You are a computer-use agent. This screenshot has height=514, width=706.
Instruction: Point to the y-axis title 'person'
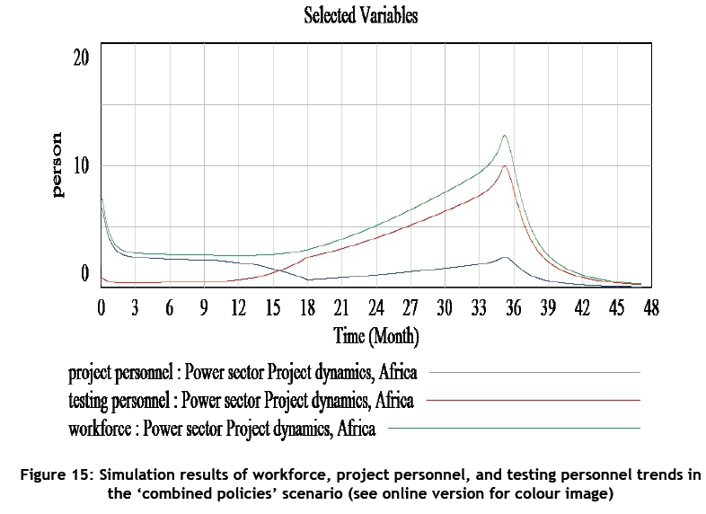pos(58,164)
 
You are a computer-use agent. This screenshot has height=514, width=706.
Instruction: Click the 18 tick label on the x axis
pos(307,308)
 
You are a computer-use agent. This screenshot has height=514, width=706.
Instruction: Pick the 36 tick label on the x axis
pos(513,308)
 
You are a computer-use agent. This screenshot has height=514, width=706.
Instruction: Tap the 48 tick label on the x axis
pos(650,308)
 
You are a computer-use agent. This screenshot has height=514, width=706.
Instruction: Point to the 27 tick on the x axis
pos(410,308)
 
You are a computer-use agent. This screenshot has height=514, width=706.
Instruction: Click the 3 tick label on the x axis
pos(136,308)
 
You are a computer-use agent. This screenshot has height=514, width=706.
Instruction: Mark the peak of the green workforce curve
pos(505,136)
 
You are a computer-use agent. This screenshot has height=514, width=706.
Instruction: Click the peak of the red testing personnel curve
pos(506,165)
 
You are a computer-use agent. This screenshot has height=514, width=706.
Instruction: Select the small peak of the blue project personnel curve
pos(505,257)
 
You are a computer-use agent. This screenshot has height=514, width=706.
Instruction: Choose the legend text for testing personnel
pos(241,400)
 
